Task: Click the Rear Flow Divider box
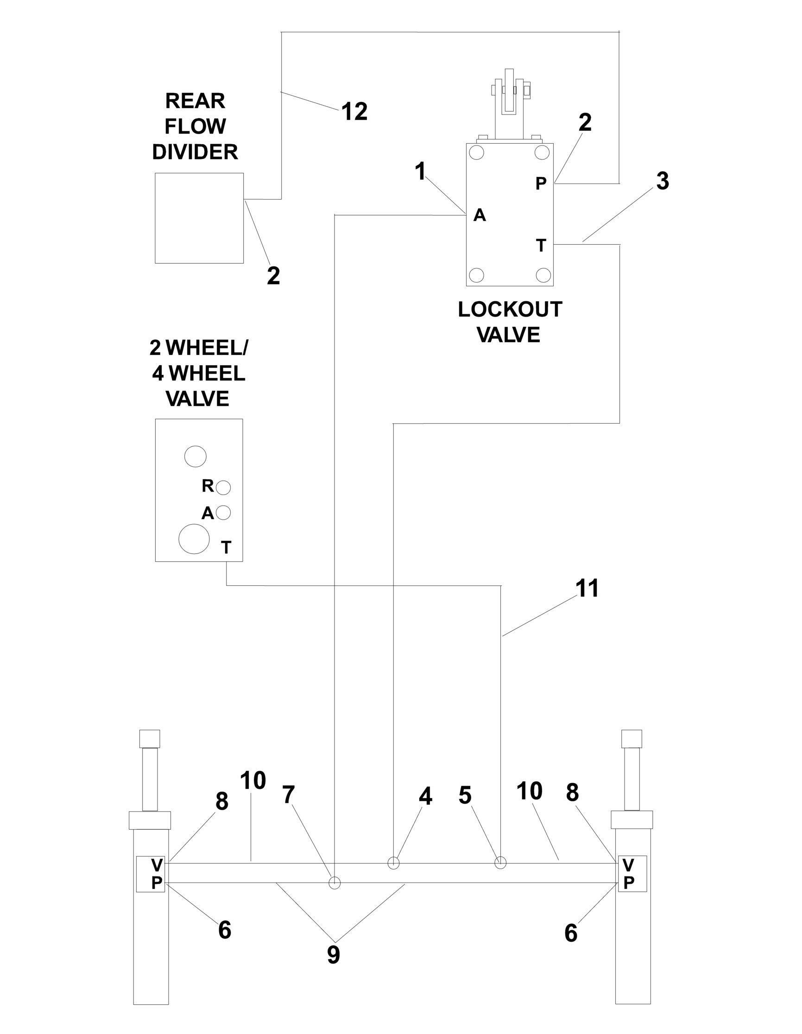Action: point(199,218)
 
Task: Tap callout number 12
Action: point(354,112)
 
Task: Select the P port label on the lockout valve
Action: point(541,183)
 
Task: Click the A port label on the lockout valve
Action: point(480,216)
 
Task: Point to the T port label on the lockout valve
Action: point(541,245)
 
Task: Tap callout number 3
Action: point(663,181)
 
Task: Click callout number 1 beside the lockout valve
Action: point(421,171)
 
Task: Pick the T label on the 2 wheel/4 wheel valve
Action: point(227,547)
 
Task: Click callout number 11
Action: point(587,589)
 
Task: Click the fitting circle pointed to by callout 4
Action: point(394,863)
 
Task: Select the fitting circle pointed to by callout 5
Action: point(500,863)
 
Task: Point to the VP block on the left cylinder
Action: point(151,874)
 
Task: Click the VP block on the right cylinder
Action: point(632,874)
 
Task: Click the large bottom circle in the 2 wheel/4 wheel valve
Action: point(194,538)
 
